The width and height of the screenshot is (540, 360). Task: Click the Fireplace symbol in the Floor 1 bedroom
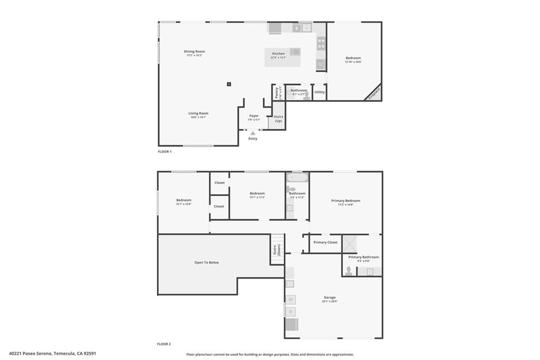click(374, 93)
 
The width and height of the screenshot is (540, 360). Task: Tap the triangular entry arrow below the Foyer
click(253, 133)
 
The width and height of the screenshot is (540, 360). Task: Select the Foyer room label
click(254, 116)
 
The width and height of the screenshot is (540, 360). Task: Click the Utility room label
click(320, 92)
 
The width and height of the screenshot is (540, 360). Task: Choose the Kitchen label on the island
click(278, 54)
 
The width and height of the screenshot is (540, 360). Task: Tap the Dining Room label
click(194, 52)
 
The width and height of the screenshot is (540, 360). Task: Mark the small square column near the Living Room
click(229, 84)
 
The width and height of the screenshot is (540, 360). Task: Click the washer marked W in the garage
click(291, 299)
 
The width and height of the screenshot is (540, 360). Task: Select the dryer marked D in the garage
click(291, 312)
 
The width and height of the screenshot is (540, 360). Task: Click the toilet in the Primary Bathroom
click(349, 271)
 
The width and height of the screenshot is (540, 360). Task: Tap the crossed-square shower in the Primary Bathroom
click(349, 244)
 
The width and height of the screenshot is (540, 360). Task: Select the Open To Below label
click(206, 262)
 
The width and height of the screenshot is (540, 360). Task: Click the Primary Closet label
click(325, 242)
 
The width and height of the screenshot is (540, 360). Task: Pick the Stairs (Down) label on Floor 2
click(276, 250)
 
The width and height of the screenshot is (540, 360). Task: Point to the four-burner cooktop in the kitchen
click(321, 43)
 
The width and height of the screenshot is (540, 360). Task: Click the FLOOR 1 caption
click(165, 152)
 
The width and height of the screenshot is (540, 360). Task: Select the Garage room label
click(330, 297)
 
